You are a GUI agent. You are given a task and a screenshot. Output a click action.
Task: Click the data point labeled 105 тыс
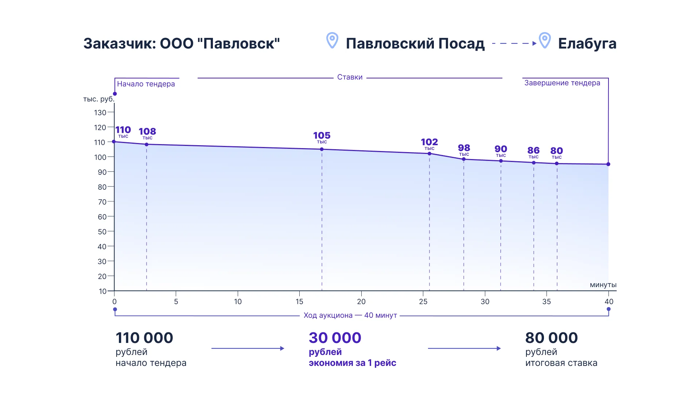(322, 149)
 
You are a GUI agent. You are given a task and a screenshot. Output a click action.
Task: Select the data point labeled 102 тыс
(429, 154)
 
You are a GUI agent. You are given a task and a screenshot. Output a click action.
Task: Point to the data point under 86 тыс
(534, 163)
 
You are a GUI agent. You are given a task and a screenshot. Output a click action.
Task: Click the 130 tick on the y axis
(100, 113)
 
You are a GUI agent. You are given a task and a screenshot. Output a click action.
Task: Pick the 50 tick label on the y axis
(102, 232)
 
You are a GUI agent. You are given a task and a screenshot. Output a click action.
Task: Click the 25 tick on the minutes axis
(423, 302)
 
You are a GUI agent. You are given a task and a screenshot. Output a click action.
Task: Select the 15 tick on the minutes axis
(299, 302)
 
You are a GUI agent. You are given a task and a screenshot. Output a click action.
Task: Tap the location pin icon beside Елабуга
(545, 40)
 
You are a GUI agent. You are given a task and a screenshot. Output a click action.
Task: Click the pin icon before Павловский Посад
(332, 40)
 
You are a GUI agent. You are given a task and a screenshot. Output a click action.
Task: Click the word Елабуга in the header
(587, 44)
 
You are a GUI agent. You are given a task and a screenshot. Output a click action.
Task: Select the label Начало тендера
(146, 84)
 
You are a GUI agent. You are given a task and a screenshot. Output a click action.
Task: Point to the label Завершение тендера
(562, 83)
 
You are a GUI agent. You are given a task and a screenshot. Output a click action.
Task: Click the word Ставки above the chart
(350, 77)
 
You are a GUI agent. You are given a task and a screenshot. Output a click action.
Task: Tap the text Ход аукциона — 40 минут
(350, 315)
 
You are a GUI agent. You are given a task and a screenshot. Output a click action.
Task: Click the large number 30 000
(335, 338)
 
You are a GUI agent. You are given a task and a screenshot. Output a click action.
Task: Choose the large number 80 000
(551, 338)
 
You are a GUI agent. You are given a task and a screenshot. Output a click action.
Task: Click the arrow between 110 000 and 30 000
(248, 348)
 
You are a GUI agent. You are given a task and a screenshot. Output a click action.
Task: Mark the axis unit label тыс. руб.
(99, 99)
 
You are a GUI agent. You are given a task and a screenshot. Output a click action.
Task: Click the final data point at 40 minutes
(608, 164)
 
